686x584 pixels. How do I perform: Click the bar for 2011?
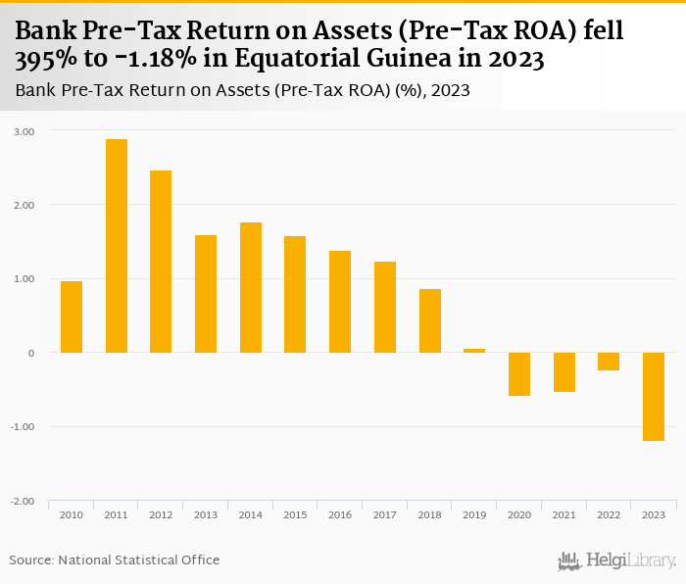click(x=117, y=246)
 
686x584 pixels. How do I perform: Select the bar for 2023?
click(x=654, y=397)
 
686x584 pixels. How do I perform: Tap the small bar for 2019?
click(x=474, y=350)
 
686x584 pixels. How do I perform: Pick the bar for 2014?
click(x=251, y=287)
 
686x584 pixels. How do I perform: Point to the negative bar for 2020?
click(x=519, y=374)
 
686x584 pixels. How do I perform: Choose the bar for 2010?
click(x=72, y=316)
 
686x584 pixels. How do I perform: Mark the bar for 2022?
click(x=609, y=362)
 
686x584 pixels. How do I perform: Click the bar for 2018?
click(x=430, y=320)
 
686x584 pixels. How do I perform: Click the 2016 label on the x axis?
click(x=340, y=514)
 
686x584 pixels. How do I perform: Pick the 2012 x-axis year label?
click(x=161, y=514)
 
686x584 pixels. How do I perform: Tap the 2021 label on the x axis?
click(x=564, y=514)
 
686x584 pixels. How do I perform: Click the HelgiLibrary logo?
click(x=616, y=560)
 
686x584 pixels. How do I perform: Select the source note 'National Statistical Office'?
click(x=139, y=560)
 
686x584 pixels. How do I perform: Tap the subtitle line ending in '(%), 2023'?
click(x=243, y=91)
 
